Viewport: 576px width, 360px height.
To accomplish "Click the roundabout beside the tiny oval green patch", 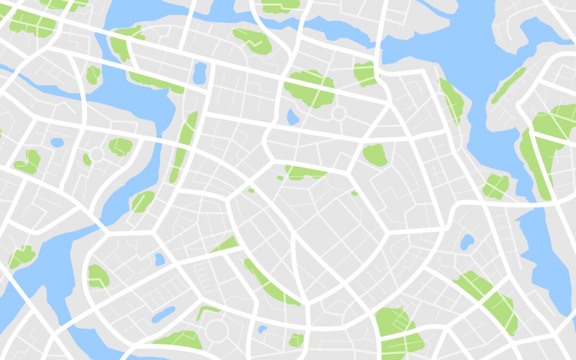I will (x=97, y=155).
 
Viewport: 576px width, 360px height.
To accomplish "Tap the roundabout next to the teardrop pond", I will (x=339, y=113).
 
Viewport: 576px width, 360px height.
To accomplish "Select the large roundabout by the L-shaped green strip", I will (x=217, y=330).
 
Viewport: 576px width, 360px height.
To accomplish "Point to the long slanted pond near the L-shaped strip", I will (x=163, y=315).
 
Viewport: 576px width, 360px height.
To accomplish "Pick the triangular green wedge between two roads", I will (x=227, y=245).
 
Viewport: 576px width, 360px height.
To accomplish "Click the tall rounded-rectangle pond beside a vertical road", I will (x=199, y=73).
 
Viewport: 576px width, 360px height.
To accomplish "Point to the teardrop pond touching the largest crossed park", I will (x=293, y=116).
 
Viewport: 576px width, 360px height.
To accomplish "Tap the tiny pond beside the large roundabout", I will (x=262, y=330).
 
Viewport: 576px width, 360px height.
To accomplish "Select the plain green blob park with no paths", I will (x=375, y=155).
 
